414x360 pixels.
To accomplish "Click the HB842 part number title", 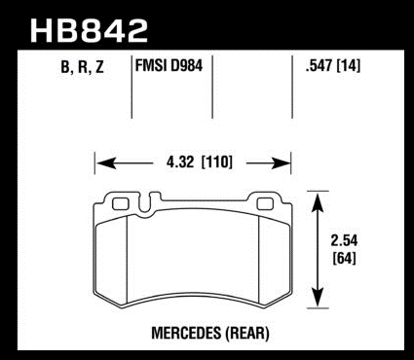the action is pyautogui.click(x=89, y=31).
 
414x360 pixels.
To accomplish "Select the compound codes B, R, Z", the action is pyautogui.click(x=82, y=67).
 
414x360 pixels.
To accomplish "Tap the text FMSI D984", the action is pyautogui.click(x=169, y=66).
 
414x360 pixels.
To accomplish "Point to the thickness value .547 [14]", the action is pyautogui.click(x=333, y=66).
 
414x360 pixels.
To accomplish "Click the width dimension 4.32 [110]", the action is pyautogui.click(x=200, y=162).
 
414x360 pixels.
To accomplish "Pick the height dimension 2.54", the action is pyautogui.click(x=344, y=240).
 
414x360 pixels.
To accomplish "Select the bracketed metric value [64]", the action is pyautogui.click(x=344, y=259).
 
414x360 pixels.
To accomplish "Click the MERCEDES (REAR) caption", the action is pyautogui.click(x=210, y=333).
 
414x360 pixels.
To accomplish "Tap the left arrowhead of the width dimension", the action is pyautogui.click(x=106, y=163).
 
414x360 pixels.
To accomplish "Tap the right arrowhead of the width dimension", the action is pyautogui.click(x=281, y=163).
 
